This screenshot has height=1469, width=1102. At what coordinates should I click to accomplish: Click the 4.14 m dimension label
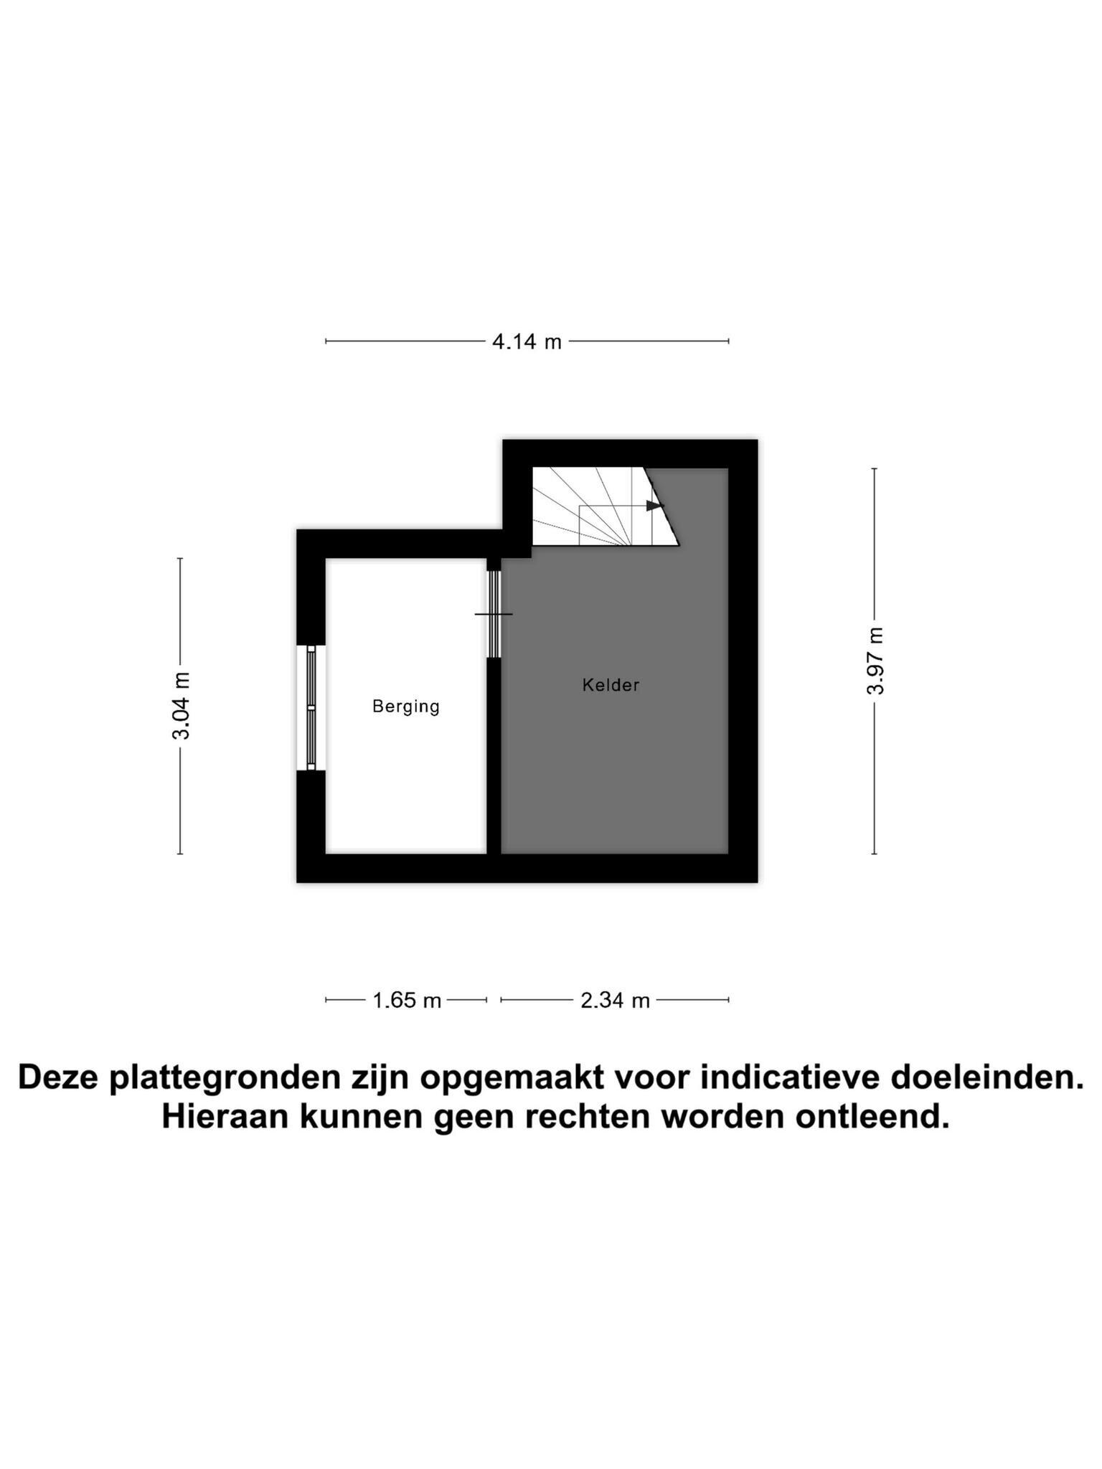click(x=527, y=342)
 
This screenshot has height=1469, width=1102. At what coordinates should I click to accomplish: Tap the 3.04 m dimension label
click(x=181, y=706)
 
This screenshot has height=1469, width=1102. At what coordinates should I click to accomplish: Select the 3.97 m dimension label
click(x=875, y=661)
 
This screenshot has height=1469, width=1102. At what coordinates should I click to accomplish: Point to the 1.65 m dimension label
click(x=407, y=1001)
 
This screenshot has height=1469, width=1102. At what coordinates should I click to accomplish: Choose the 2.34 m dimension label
click(x=615, y=1001)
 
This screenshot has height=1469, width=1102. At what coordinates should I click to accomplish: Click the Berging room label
click(x=406, y=707)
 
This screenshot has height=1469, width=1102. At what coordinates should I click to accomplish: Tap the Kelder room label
click(x=611, y=685)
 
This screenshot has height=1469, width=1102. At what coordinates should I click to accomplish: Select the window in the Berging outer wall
click(x=311, y=708)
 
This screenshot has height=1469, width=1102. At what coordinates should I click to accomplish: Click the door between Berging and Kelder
click(x=494, y=614)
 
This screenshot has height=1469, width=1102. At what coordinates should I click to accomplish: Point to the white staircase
click(x=595, y=506)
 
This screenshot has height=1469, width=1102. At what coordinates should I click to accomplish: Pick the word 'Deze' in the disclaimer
click(x=58, y=1078)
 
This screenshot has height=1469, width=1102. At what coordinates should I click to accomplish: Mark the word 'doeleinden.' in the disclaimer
click(x=987, y=1078)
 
